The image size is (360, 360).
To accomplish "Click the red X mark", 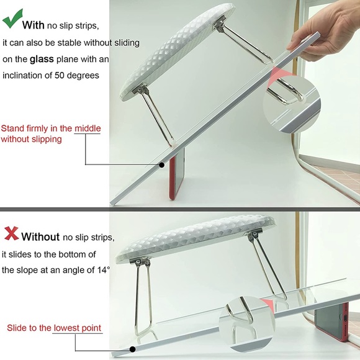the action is (x=11, y=233).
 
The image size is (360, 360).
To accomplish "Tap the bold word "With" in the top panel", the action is (x=34, y=25).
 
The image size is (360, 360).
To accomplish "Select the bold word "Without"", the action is (x=40, y=236).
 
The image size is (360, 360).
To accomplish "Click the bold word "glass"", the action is (x=42, y=59).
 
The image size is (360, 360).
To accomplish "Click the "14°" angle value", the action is (x=103, y=270).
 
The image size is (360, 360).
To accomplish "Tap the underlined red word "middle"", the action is (x=88, y=128).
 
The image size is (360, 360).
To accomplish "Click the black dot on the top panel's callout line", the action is (x=162, y=165).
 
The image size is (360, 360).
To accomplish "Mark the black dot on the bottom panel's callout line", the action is (x=132, y=349).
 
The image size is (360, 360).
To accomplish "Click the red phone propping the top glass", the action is (x=176, y=174).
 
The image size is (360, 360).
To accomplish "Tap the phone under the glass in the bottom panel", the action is (x=331, y=322).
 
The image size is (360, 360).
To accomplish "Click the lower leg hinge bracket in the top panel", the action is (x=140, y=89).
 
